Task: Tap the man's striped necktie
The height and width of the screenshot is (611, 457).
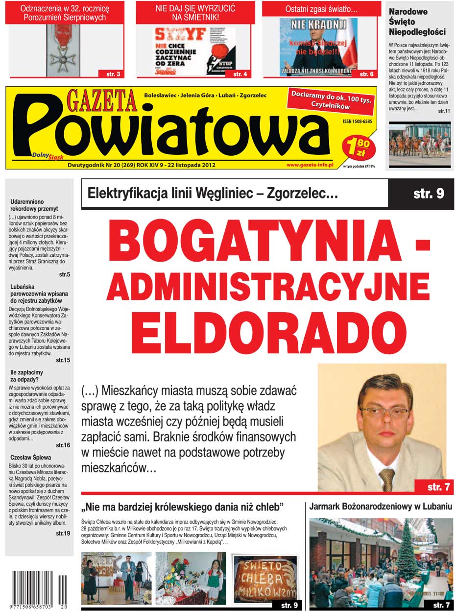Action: click(x=386, y=479)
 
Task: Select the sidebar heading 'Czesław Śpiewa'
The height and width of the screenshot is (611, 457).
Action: click(x=31, y=458)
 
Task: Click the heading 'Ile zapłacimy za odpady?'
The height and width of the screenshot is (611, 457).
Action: click(x=26, y=376)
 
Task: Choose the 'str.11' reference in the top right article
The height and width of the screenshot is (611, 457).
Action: click(x=444, y=112)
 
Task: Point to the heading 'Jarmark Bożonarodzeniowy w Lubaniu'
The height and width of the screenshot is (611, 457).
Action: click(x=380, y=507)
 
